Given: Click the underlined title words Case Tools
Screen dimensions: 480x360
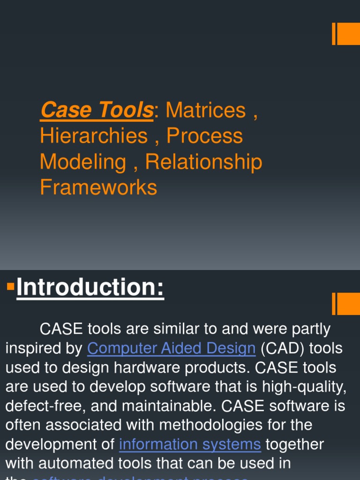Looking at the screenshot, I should coord(97,111).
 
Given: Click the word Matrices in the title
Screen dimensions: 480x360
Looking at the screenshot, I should coord(206,111).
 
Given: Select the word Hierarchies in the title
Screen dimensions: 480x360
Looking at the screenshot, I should coord(94,136).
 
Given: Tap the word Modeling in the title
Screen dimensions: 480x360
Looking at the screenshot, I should coord(83,162).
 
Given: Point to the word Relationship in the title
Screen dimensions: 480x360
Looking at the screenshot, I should coord(203,162).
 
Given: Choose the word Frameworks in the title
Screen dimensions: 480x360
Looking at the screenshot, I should coord(98,187).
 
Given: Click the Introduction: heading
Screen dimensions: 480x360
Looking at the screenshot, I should coord(90,287).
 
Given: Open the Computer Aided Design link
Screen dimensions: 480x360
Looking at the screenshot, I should coord(172,348).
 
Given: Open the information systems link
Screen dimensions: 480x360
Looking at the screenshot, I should coord(190,444).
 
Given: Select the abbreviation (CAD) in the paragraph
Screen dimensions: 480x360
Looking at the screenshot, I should coord(278,348).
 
